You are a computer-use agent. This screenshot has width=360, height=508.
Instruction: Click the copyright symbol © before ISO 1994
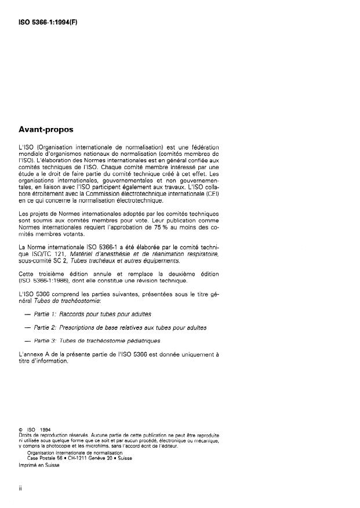click(21, 430)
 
